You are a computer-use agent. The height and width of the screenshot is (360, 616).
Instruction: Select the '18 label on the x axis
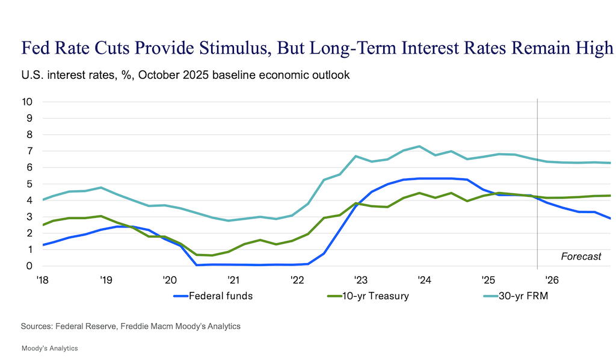43,279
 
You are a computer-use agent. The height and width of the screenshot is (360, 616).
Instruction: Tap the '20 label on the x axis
170,279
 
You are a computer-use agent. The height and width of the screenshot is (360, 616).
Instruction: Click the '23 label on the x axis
360,279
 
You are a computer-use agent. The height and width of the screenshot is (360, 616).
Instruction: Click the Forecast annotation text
581,256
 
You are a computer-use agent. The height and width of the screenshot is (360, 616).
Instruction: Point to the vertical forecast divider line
537,181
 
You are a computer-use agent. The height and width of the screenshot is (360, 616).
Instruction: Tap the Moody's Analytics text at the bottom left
49,349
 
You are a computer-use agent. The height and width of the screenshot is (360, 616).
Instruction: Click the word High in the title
594,48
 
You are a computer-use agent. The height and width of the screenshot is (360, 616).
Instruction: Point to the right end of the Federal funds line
611,219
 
